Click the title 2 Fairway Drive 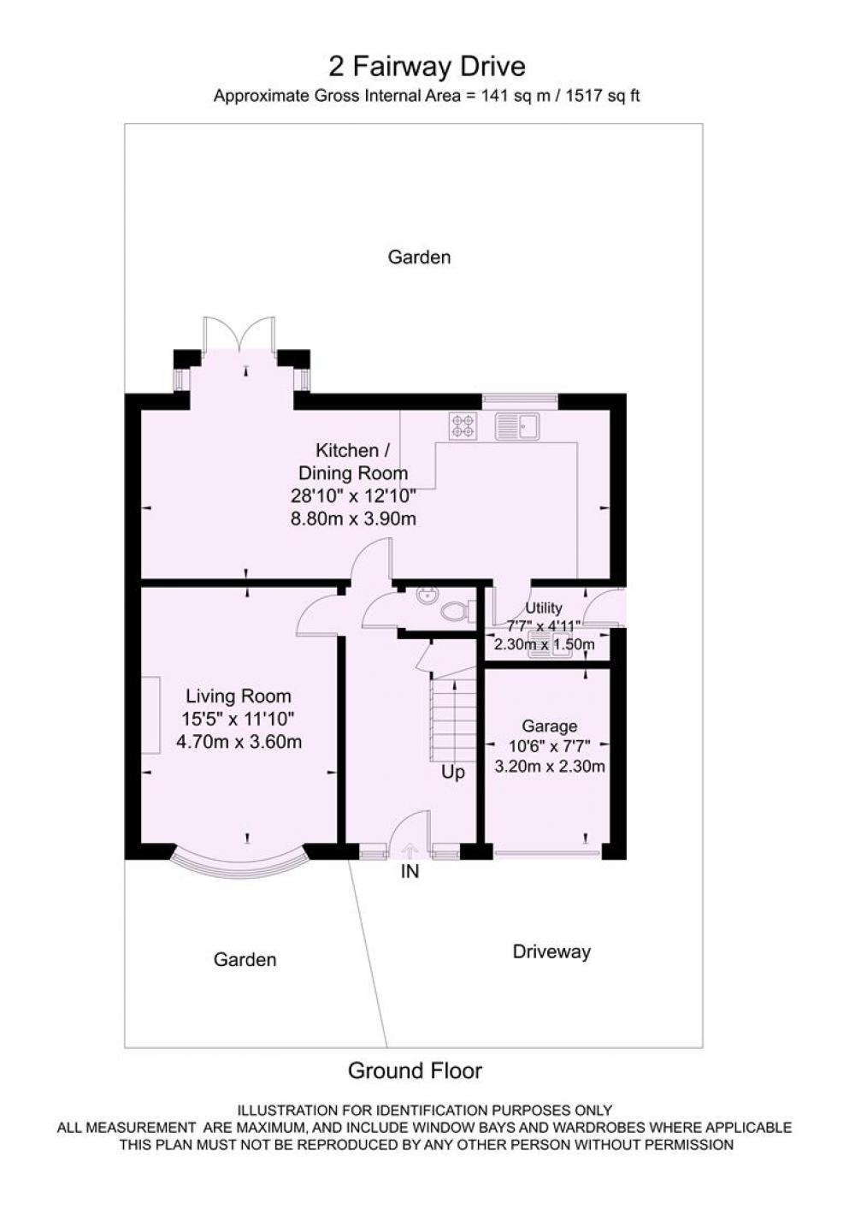(427, 68)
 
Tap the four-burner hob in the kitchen (463, 425)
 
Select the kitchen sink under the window (516, 426)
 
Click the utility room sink (550, 651)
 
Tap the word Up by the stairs (453, 773)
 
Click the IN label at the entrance (410, 871)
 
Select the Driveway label (551, 951)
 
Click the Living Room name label (239, 696)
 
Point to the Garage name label (549, 726)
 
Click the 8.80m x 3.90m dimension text (353, 519)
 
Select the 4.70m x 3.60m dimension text (239, 742)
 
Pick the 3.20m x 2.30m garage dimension (550, 766)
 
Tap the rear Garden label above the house (419, 257)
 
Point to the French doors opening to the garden (239, 334)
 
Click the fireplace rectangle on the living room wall (151, 715)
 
